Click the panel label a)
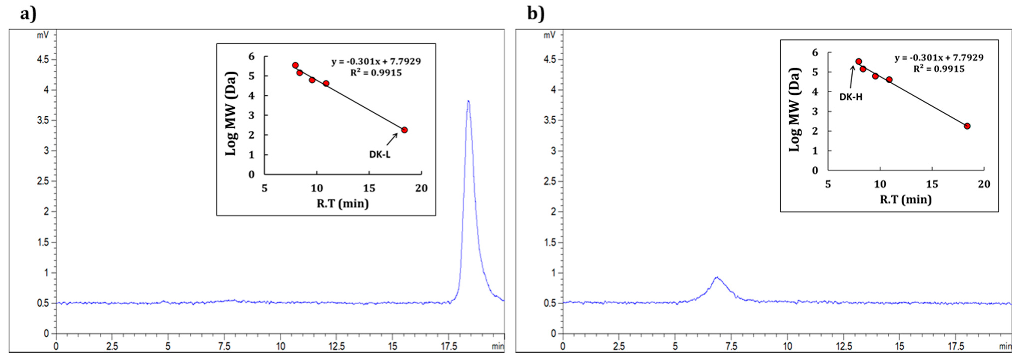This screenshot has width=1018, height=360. coord(28,14)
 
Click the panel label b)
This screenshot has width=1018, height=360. coord(535,14)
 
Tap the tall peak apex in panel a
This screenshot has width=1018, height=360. coord(468,101)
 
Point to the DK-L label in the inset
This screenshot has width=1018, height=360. coord(380,154)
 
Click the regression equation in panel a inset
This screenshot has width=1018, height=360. coord(376,62)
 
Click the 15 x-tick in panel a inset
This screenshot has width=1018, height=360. coord(369,188)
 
